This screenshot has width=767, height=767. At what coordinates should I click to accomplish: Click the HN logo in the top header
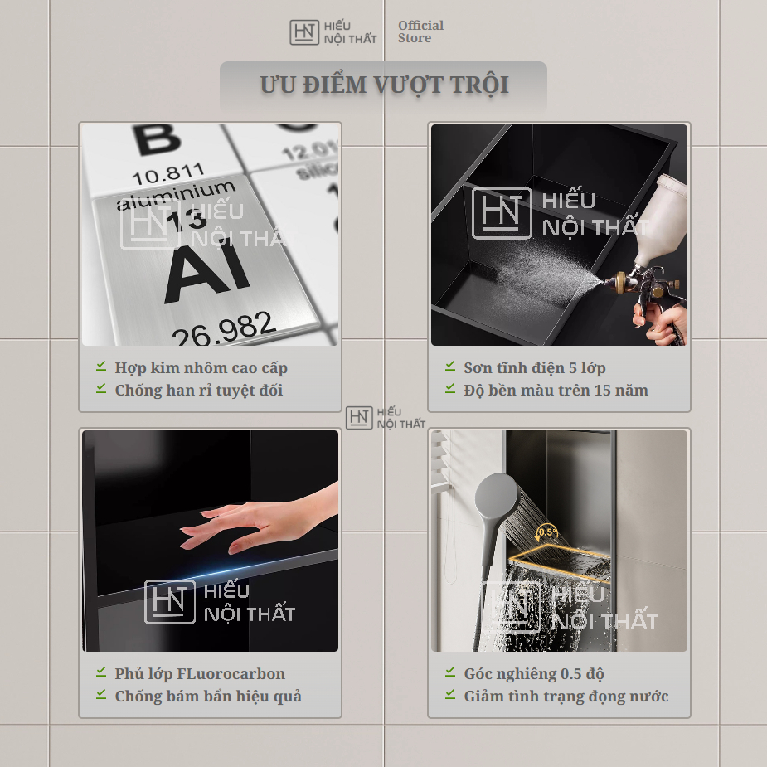pyautogui.click(x=304, y=32)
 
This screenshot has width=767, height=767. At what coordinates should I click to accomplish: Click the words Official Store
pyautogui.click(x=420, y=32)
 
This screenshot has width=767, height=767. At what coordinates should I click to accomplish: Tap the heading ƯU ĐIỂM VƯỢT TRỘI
pyautogui.click(x=384, y=85)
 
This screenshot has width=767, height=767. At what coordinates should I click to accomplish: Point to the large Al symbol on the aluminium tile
pyautogui.click(x=208, y=273)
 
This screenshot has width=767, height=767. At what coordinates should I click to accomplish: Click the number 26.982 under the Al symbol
pyautogui.click(x=223, y=328)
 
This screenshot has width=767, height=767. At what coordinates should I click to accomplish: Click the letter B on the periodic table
pyautogui.click(x=157, y=139)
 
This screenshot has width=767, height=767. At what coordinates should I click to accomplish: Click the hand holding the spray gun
pyautogui.click(x=660, y=321)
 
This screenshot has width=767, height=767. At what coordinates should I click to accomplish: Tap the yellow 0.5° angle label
pyautogui.click(x=547, y=532)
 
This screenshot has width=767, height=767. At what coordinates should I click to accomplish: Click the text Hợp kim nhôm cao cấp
pyautogui.click(x=201, y=368)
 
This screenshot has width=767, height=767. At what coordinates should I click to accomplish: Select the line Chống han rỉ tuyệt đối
pyautogui.click(x=199, y=391)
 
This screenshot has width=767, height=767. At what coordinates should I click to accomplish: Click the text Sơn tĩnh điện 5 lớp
pyautogui.click(x=535, y=368)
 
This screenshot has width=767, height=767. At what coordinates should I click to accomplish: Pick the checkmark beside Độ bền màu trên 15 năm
pyautogui.click(x=450, y=388)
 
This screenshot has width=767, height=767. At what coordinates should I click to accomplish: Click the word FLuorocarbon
pyautogui.click(x=231, y=673)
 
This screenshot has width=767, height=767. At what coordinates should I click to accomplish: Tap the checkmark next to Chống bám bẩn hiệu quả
pyautogui.click(x=101, y=694)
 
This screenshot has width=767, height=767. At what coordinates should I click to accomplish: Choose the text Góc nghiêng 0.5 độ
pyautogui.click(x=534, y=674)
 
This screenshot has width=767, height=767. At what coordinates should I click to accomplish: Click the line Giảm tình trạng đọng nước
pyautogui.click(x=566, y=696)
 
